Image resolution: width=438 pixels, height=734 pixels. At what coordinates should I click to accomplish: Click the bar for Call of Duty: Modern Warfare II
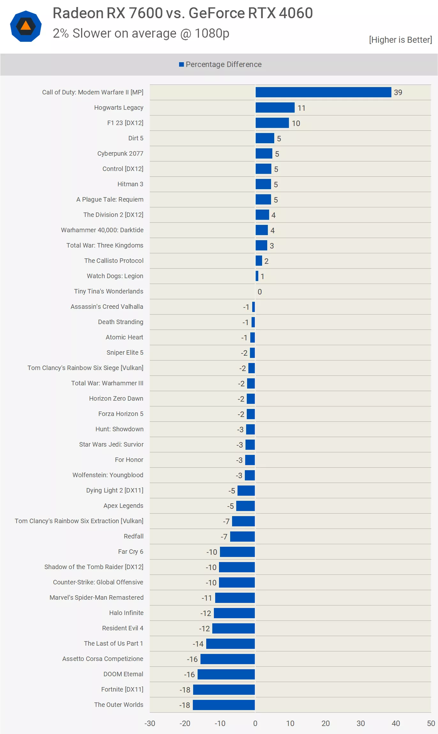pos(323,92)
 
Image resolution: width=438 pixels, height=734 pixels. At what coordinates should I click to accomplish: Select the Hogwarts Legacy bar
pos(275,108)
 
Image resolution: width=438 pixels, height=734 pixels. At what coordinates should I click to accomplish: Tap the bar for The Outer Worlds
pos(224,705)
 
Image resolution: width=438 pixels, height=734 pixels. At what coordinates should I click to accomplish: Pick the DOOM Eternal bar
pos(226,674)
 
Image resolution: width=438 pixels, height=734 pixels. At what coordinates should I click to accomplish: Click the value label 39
pos(398,93)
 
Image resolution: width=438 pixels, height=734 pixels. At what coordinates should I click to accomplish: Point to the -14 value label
pos(198,644)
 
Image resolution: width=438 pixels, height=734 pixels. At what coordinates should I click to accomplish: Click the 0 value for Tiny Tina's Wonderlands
pos(260,292)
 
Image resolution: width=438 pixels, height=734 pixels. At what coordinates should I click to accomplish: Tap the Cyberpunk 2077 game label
pos(120,153)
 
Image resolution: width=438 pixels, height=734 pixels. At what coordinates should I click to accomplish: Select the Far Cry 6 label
pos(130,552)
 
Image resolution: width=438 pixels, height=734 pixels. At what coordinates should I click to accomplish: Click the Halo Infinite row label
pos(126,613)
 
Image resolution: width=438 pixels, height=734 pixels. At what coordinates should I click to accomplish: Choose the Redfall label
pos(133,536)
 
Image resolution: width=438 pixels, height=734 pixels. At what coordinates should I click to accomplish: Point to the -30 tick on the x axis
pos(150,723)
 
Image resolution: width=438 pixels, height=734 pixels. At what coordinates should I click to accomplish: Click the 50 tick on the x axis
pos(431,723)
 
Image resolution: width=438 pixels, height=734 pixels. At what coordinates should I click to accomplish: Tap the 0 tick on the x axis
pos(255,723)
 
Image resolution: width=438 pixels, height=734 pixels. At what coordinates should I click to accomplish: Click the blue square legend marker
pos(181,64)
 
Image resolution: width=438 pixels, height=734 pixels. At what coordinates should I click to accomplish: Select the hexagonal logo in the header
pos(26,26)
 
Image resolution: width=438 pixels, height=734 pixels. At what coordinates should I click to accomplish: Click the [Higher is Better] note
pos(400,40)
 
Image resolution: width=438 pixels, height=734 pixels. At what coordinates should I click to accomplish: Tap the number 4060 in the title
pos(296,13)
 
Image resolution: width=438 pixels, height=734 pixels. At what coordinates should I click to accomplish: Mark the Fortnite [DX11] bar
pos(224,689)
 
